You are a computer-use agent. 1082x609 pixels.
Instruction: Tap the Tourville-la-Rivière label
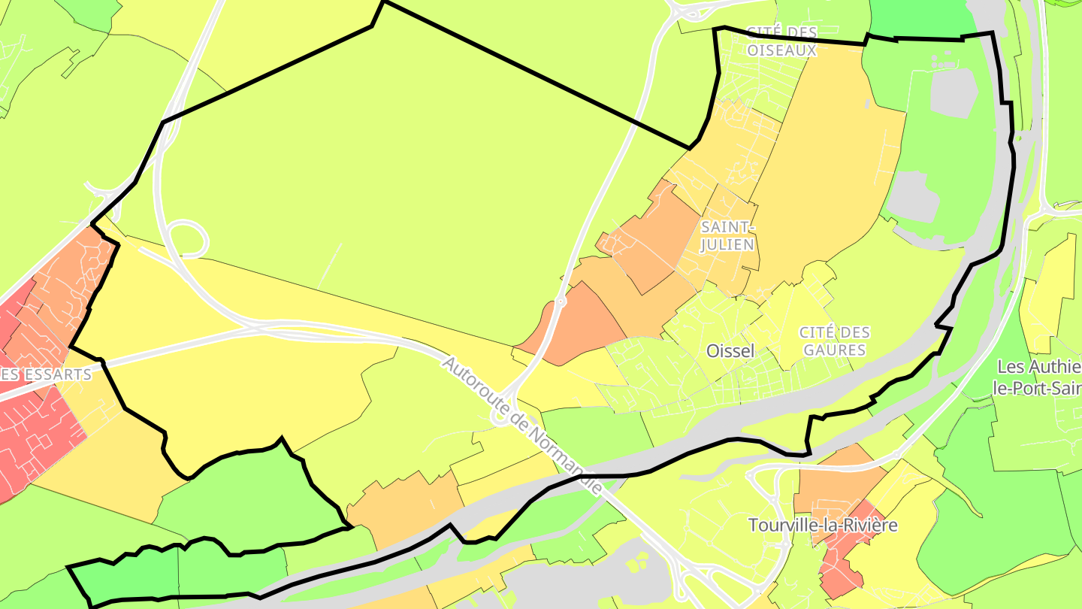[x=823, y=525]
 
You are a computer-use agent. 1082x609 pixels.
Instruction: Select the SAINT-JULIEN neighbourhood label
[x=727, y=235]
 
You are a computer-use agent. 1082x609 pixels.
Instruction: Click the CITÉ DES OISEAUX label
[x=781, y=41]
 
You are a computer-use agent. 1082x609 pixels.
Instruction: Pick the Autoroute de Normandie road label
[x=521, y=425]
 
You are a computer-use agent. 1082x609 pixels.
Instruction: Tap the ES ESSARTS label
[x=45, y=374]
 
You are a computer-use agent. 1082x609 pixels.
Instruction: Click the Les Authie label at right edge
[x=1040, y=367]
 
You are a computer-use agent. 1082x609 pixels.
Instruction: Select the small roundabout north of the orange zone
[x=560, y=302]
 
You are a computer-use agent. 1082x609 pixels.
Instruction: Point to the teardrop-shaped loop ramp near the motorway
[x=188, y=239]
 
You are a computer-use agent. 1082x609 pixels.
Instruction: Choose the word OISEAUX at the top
[x=781, y=50]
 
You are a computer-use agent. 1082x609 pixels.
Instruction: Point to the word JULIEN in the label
[x=727, y=244]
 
